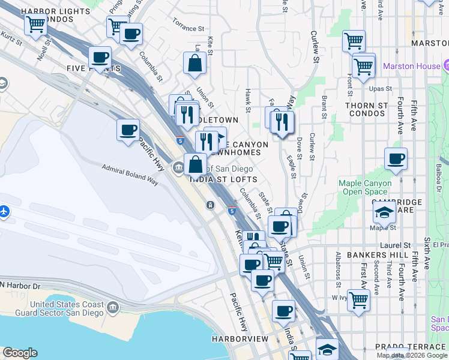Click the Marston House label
pos(411,66)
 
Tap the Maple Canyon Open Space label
pos(365,187)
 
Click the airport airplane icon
pos(5,211)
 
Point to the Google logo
pos(19,353)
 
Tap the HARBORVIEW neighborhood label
pos(240,339)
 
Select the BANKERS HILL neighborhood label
pos(369,255)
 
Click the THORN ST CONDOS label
pos(366,109)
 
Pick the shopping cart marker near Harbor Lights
pos(35,25)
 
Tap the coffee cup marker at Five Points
pos(100,57)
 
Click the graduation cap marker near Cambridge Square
pos(384,211)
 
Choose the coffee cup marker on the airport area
pos(128,130)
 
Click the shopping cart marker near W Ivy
pos(358,298)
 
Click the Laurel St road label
pos(396,245)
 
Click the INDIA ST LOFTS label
pos(223,179)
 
